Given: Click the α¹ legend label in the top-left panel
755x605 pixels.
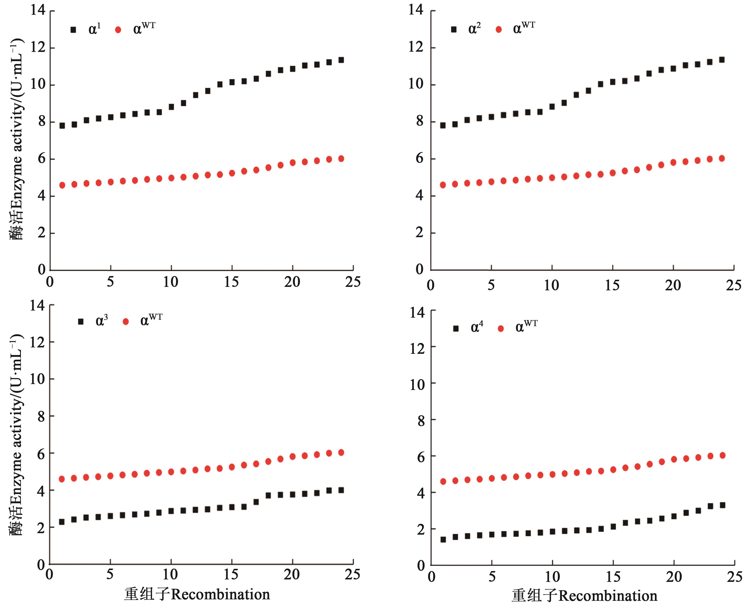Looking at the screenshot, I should (94, 29).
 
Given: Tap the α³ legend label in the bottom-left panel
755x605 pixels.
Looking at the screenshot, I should (102, 321).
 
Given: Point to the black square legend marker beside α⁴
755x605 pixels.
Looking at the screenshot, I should (456, 328).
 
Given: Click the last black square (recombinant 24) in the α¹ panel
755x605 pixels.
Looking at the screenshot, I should (341, 60).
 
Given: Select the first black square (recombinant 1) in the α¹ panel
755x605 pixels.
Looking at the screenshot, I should (62, 125).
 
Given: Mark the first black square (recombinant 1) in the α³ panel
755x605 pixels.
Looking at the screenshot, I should (62, 522).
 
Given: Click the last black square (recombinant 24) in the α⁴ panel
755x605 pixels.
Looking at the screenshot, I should (722, 505).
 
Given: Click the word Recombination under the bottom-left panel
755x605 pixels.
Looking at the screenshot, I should (220, 594).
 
